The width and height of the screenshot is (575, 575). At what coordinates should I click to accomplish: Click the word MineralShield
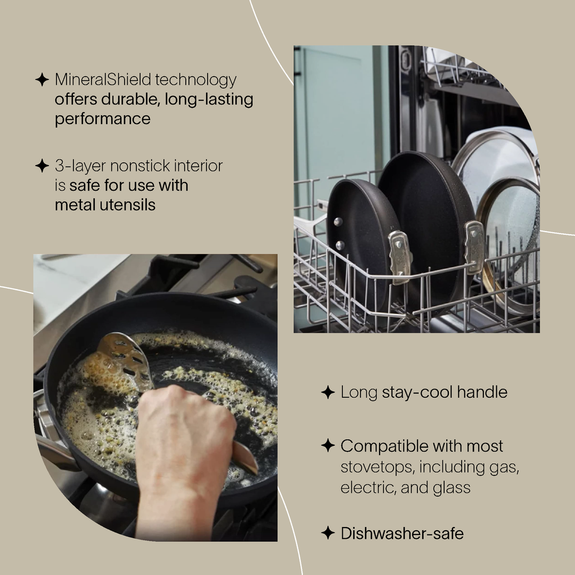coord(103,80)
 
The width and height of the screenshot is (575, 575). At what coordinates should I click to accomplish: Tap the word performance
coord(102,119)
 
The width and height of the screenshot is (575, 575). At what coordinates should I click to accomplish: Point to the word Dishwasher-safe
coord(402,533)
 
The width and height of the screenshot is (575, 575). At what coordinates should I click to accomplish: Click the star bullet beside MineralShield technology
coord(42,80)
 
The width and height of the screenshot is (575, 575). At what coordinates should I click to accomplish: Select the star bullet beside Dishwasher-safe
coord(328,533)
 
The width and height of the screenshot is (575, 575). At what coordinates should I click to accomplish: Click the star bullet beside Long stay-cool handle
coord(328,393)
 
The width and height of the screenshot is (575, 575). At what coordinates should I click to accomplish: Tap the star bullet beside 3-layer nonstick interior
coord(42,166)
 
